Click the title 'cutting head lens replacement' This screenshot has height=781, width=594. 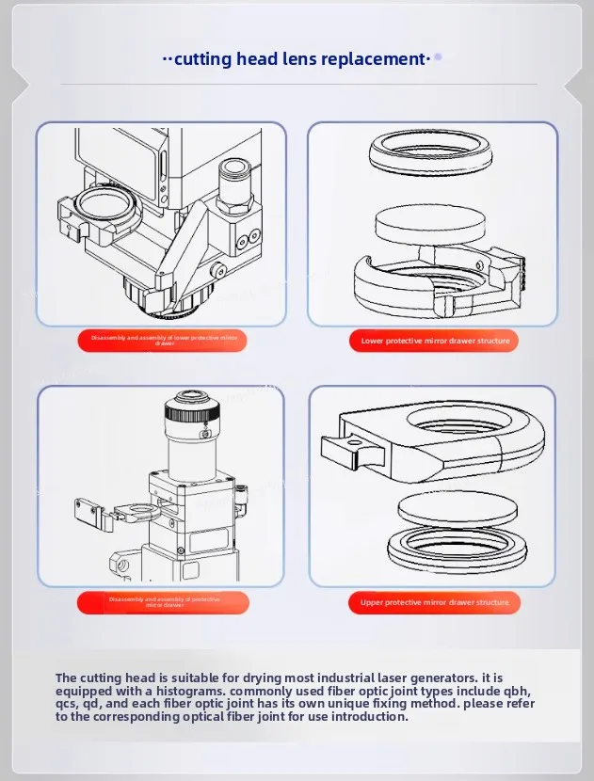coord(297,59)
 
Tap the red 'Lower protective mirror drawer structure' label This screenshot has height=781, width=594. coord(435,341)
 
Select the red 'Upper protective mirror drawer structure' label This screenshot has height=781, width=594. coord(434,602)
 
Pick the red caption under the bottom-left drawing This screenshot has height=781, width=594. coord(164,602)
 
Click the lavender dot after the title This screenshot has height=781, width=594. coord(438,57)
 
